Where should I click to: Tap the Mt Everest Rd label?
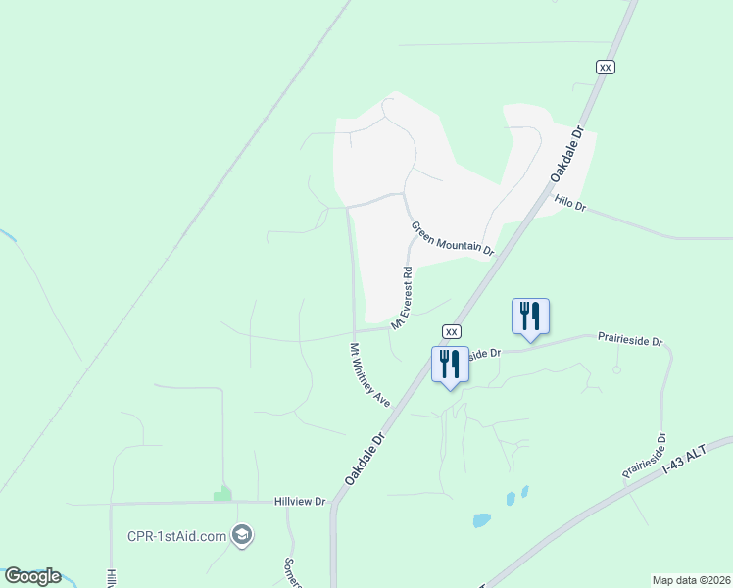pyautogui.click(x=402, y=297)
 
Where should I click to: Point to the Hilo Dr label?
pyautogui.click(x=569, y=204)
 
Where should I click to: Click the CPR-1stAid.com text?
pyautogui.click(x=176, y=536)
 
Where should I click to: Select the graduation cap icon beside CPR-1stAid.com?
pyautogui.click(x=243, y=535)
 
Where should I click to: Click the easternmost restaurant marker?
pyautogui.click(x=530, y=317)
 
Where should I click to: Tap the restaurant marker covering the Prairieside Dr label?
pyautogui.click(x=450, y=364)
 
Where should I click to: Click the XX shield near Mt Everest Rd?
pyautogui.click(x=451, y=331)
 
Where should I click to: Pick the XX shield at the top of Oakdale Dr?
pyautogui.click(x=606, y=66)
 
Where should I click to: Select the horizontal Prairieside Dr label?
pyautogui.click(x=630, y=339)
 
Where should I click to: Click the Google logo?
pyautogui.click(x=32, y=576)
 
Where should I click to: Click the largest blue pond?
pyautogui.click(x=482, y=520)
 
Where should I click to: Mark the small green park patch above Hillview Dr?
pyautogui.click(x=223, y=493)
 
